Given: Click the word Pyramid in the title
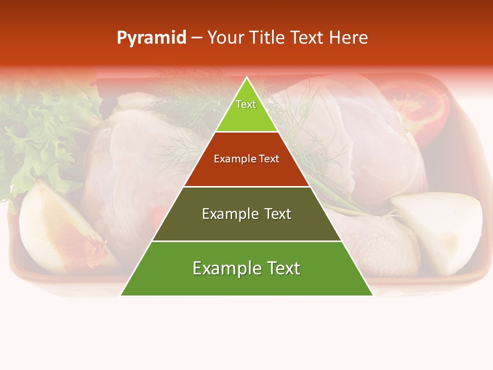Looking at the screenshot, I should (x=151, y=38).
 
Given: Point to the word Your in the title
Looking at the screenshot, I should (x=224, y=38).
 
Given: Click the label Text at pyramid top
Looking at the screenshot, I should (x=246, y=104).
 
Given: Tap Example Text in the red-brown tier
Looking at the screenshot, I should (x=246, y=159).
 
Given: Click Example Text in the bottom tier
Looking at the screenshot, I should (x=246, y=268).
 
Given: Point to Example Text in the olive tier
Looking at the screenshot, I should (x=246, y=214).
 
